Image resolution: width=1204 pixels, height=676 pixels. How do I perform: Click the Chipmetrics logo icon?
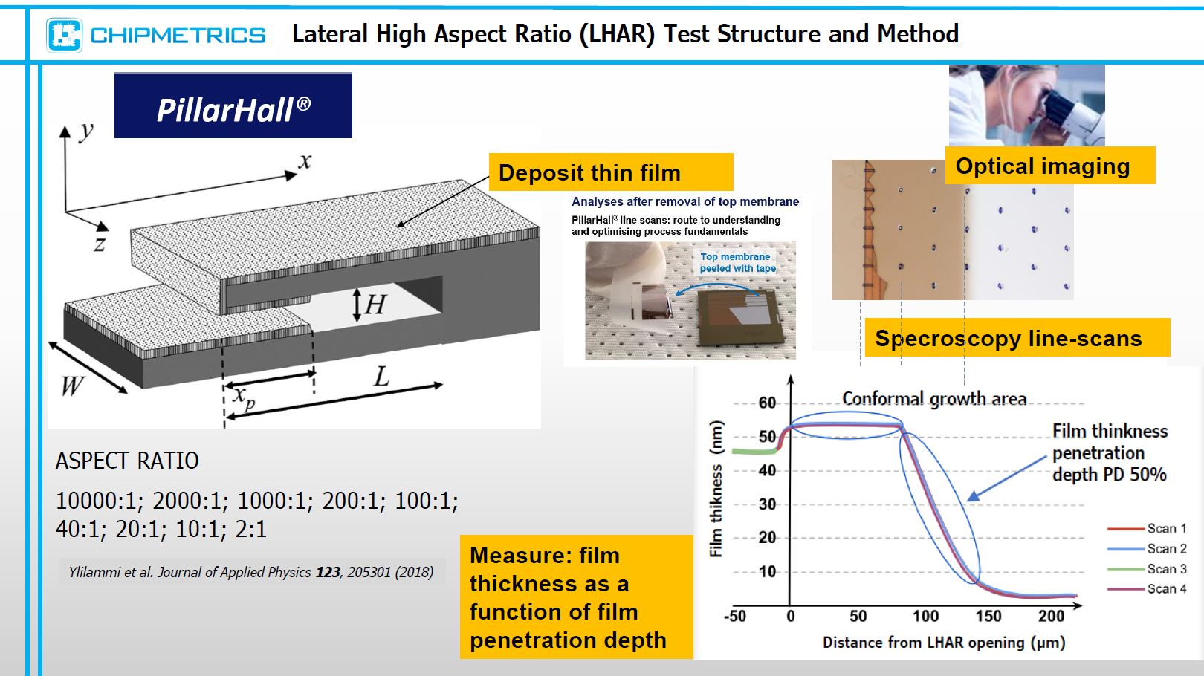pyautogui.click(x=65, y=36)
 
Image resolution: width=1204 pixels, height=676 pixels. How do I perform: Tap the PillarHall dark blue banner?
pyautogui.click(x=233, y=105)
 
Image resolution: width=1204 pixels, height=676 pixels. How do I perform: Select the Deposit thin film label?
pyautogui.click(x=611, y=172)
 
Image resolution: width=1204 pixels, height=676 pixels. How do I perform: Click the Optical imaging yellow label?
pyautogui.click(x=1050, y=166)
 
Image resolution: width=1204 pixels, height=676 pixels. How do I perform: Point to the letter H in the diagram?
pyautogui.click(x=375, y=305)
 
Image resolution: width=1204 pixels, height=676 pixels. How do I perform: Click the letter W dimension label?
pyautogui.click(x=72, y=386)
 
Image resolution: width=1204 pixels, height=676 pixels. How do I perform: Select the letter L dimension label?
pyautogui.click(x=381, y=377)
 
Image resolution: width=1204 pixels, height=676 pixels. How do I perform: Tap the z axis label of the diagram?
pyautogui.click(x=100, y=244)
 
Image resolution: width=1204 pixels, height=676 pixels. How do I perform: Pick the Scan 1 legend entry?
pyautogui.click(x=1147, y=528)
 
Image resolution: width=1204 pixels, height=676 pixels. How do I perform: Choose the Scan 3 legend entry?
pyautogui.click(x=1147, y=569)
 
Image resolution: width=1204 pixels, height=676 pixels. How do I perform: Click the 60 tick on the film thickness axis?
pyautogui.click(x=767, y=403)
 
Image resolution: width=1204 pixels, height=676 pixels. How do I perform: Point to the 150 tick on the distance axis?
pyautogui.click(x=988, y=616)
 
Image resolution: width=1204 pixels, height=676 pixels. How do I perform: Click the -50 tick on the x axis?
pyautogui.click(x=735, y=616)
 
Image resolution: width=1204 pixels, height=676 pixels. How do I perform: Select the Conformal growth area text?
pyautogui.click(x=934, y=399)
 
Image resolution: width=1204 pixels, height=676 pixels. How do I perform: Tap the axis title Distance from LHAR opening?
pyautogui.click(x=944, y=643)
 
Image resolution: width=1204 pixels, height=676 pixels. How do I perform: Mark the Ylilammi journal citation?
pyautogui.click(x=251, y=572)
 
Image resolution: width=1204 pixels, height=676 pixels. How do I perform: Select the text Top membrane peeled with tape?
pyautogui.click(x=737, y=262)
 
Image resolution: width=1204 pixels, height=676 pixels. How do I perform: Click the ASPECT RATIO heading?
pyautogui.click(x=127, y=461)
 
